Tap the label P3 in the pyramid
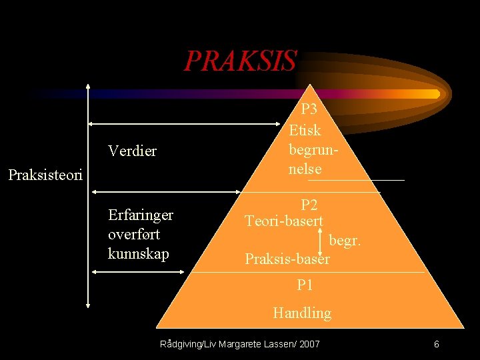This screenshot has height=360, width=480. [309, 109]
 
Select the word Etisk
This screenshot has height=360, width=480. [305, 130]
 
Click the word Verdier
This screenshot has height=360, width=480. [132, 151]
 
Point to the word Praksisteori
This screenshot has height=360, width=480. [45, 176]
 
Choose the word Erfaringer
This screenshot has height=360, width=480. [140, 215]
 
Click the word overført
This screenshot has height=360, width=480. [133, 234]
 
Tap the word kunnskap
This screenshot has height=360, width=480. [138, 254]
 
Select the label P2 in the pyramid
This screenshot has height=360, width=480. [309, 205]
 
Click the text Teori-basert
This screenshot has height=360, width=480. [284, 221]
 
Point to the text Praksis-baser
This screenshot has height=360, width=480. [287, 259]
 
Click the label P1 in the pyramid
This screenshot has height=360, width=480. [305, 285]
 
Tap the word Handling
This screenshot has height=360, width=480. [302, 313]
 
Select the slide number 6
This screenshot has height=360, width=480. [436, 344]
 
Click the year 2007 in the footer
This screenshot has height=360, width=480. [309, 344]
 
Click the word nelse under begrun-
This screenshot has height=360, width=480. [305, 169]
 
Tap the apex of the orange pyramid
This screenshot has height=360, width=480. [309, 85]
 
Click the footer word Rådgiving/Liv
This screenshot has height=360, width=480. [187, 344]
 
